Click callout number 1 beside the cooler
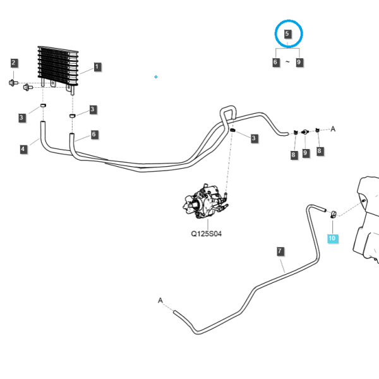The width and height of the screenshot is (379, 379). click(x=97, y=67)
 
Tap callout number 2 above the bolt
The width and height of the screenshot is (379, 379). click(x=13, y=63)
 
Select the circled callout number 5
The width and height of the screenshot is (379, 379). click(x=287, y=34)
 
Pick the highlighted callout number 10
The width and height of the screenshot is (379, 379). click(x=332, y=238)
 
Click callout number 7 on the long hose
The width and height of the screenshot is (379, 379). click(x=280, y=251)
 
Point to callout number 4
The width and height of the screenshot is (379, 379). click(x=23, y=149)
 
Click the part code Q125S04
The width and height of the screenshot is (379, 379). click(x=206, y=234)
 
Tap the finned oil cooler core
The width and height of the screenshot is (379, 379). click(x=58, y=66)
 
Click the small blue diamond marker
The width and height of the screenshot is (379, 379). click(x=156, y=77)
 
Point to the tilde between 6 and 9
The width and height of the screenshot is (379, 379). click(x=287, y=62)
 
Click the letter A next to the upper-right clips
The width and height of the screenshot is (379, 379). click(x=333, y=129)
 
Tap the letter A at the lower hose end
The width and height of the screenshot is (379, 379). click(x=160, y=301)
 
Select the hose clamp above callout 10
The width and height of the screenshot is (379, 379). click(x=334, y=214)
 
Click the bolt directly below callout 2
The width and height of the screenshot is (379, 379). click(x=13, y=83)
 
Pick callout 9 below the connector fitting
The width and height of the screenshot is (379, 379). click(x=305, y=153)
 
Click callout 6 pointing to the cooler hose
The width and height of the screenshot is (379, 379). click(x=94, y=135)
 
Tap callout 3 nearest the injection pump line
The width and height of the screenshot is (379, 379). click(x=254, y=138)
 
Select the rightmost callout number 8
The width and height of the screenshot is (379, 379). click(x=320, y=151)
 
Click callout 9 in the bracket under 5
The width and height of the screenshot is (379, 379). click(x=299, y=63)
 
